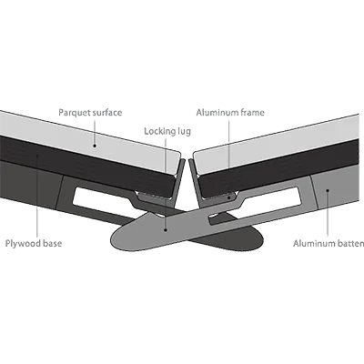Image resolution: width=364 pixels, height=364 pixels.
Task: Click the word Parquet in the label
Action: click(74, 113)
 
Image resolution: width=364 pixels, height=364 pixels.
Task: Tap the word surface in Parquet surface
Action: click(107, 113)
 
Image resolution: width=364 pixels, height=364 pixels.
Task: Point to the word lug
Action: click(184, 132)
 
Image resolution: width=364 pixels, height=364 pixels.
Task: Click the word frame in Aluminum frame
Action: click(252, 113)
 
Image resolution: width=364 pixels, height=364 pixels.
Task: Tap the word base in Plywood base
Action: click(52, 243)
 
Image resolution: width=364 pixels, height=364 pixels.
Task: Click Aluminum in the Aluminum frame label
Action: click(217, 113)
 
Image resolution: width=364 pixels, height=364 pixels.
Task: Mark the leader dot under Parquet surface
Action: click(95, 146)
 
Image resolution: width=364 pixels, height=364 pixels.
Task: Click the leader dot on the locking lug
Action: click(166, 230)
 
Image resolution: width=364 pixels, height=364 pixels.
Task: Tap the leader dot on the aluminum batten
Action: click(328, 191)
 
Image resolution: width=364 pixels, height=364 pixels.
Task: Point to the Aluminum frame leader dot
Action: click(229, 197)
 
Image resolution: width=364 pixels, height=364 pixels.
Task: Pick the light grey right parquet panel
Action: click(276, 141)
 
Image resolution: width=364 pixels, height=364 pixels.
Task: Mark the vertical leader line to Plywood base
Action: click(37, 197)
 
